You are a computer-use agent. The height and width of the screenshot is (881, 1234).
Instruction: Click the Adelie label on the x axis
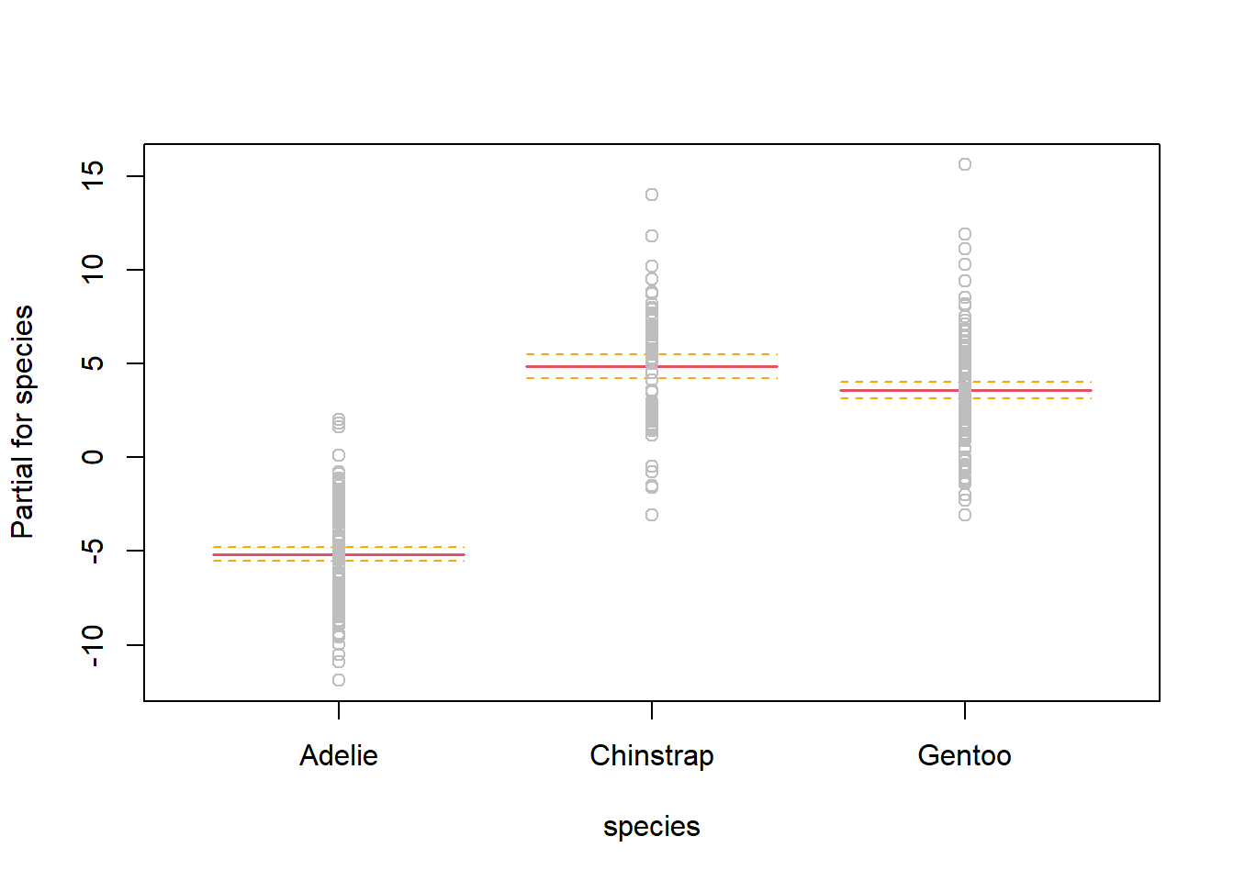[338, 755]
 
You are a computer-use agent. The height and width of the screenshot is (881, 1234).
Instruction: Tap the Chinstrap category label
[651, 755]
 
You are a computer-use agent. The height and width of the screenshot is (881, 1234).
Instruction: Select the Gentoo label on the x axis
[964, 755]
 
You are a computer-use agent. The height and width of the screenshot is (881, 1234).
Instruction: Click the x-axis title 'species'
[651, 826]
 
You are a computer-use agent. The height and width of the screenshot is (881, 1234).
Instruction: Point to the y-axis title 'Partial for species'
[22, 421]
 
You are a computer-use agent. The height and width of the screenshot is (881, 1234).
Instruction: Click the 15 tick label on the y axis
[93, 175]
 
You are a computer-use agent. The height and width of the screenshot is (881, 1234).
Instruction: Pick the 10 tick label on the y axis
[93, 269]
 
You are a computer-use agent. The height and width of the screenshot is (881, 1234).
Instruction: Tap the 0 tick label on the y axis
[93, 457]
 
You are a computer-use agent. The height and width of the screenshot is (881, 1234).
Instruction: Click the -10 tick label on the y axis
[93, 646]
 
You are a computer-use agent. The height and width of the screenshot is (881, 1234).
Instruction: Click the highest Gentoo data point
[965, 164]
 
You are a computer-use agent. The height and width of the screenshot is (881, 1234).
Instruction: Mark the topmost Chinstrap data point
[652, 195]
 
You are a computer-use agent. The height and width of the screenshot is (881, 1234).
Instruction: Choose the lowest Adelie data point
[339, 680]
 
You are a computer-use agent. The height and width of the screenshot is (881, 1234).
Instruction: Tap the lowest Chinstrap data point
[652, 515]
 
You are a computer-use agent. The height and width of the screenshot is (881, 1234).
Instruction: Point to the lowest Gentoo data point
[965, 515]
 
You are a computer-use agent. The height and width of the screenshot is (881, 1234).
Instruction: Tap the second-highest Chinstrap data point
[652, 236]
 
